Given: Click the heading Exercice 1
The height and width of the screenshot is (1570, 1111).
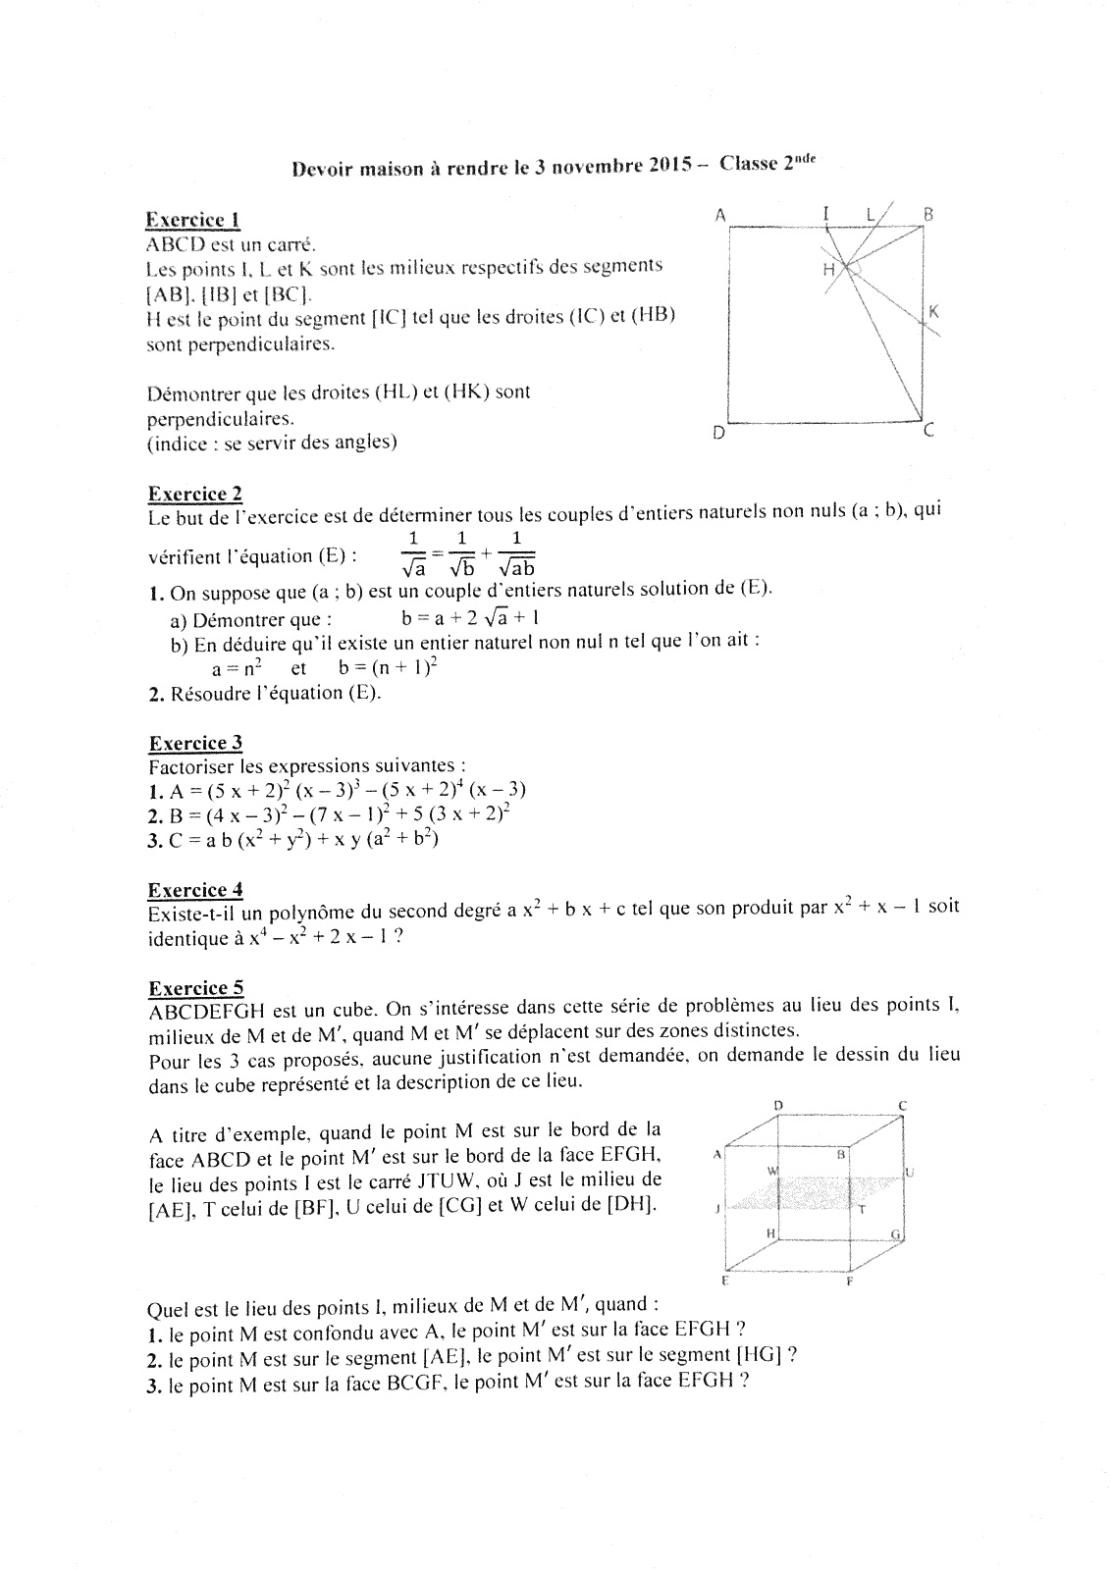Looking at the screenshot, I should tap(193, 219).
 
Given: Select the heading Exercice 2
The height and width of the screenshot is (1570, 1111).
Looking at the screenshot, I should tap(194, 493).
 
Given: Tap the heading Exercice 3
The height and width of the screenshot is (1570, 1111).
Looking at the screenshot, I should tap(195, 742).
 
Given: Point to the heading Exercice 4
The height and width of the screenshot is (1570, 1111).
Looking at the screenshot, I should tap(195, 889).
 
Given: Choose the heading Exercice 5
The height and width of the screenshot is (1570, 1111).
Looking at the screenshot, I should tap(195, 987).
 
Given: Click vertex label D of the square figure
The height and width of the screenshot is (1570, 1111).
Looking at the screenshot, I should tap(718, 432).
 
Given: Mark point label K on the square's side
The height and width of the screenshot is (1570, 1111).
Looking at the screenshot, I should tap(933, 311).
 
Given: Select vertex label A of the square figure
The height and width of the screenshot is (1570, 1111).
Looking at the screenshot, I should tap(719, 215).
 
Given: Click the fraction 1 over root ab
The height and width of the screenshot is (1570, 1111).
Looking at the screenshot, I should tap(516, 553).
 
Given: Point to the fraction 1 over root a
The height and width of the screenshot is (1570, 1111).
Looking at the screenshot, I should tap(413, 553).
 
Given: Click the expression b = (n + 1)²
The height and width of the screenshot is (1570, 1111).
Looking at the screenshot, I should tap(387, 667).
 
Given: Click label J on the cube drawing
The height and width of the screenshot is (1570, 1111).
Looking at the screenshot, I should tap(717, 1209).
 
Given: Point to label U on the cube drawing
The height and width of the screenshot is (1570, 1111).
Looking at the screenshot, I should tap(909, 1172).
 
